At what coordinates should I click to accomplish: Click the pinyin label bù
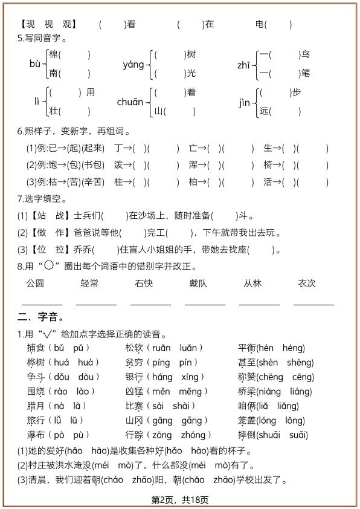point(35,64)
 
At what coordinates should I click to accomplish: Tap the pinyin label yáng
point(133,64)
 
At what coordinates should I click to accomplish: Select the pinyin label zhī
point(245,64)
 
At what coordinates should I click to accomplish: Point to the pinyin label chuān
point(130,102)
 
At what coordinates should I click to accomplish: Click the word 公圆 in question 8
point(35,284)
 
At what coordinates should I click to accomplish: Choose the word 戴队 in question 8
point(198,284)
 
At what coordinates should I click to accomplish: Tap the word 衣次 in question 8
point(307,284)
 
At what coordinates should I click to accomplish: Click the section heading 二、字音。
point(41,317)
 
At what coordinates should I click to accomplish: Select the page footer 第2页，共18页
point(180,500)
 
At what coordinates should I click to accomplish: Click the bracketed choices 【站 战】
point(50,216)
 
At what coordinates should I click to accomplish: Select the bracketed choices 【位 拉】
point(50,250)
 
